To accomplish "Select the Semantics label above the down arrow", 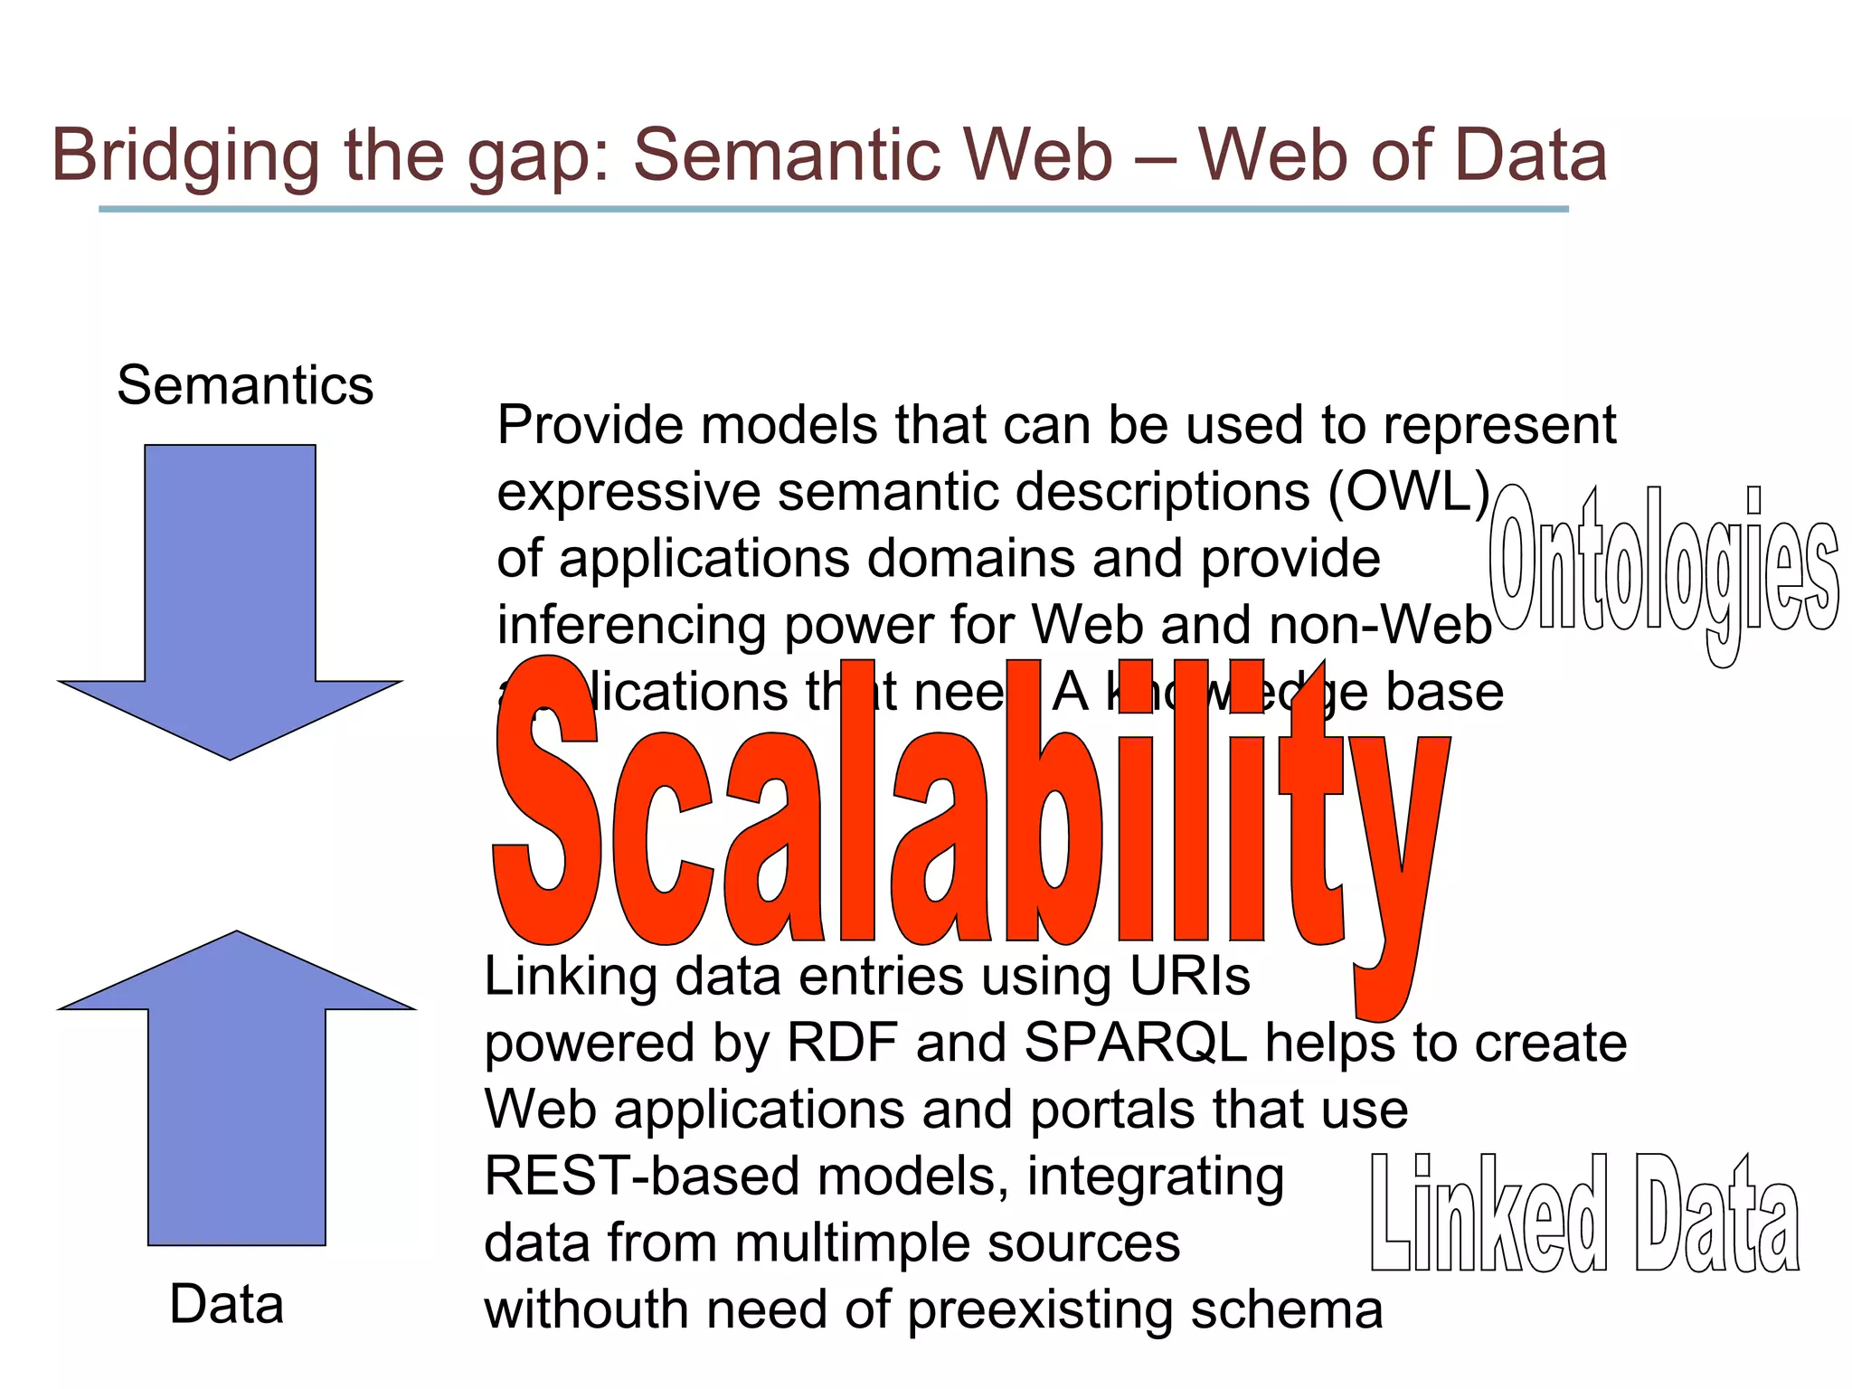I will pos(245,386).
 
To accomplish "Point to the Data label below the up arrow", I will pos(226,1305).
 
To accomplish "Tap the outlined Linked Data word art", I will pos(1584,1216).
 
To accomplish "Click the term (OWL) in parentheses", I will pos(1408,493).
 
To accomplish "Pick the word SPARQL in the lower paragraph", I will pos(1135,1043).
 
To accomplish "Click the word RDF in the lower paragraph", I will pos(841,1043).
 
